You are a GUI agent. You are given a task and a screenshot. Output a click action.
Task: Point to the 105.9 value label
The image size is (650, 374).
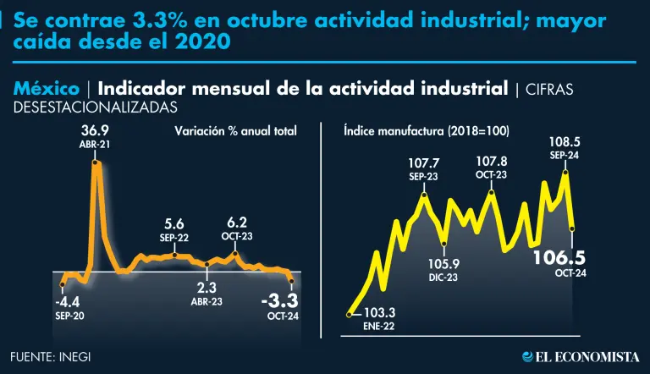(x=443, y=264)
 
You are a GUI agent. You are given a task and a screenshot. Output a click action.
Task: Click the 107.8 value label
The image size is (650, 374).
(x=491, y=162)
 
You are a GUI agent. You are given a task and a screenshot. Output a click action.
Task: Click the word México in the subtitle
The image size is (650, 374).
(x=47, y=89)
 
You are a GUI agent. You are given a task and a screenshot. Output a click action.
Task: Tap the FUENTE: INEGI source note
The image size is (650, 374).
(x=51, y=356)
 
